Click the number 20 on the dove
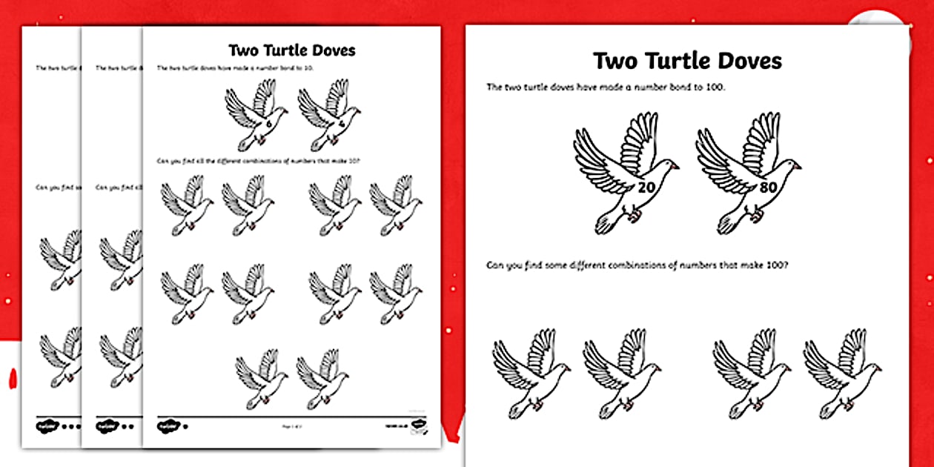point(646,188)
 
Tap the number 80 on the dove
point(767,188)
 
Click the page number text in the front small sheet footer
point(291,426)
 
